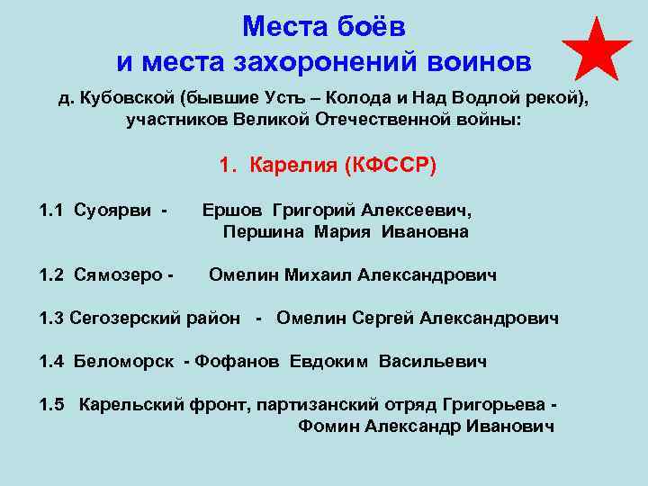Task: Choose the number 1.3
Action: pos(52,318)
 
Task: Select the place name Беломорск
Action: pos(126,362)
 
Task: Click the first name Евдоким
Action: pos(329,362)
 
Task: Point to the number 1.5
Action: pos(52,404)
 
